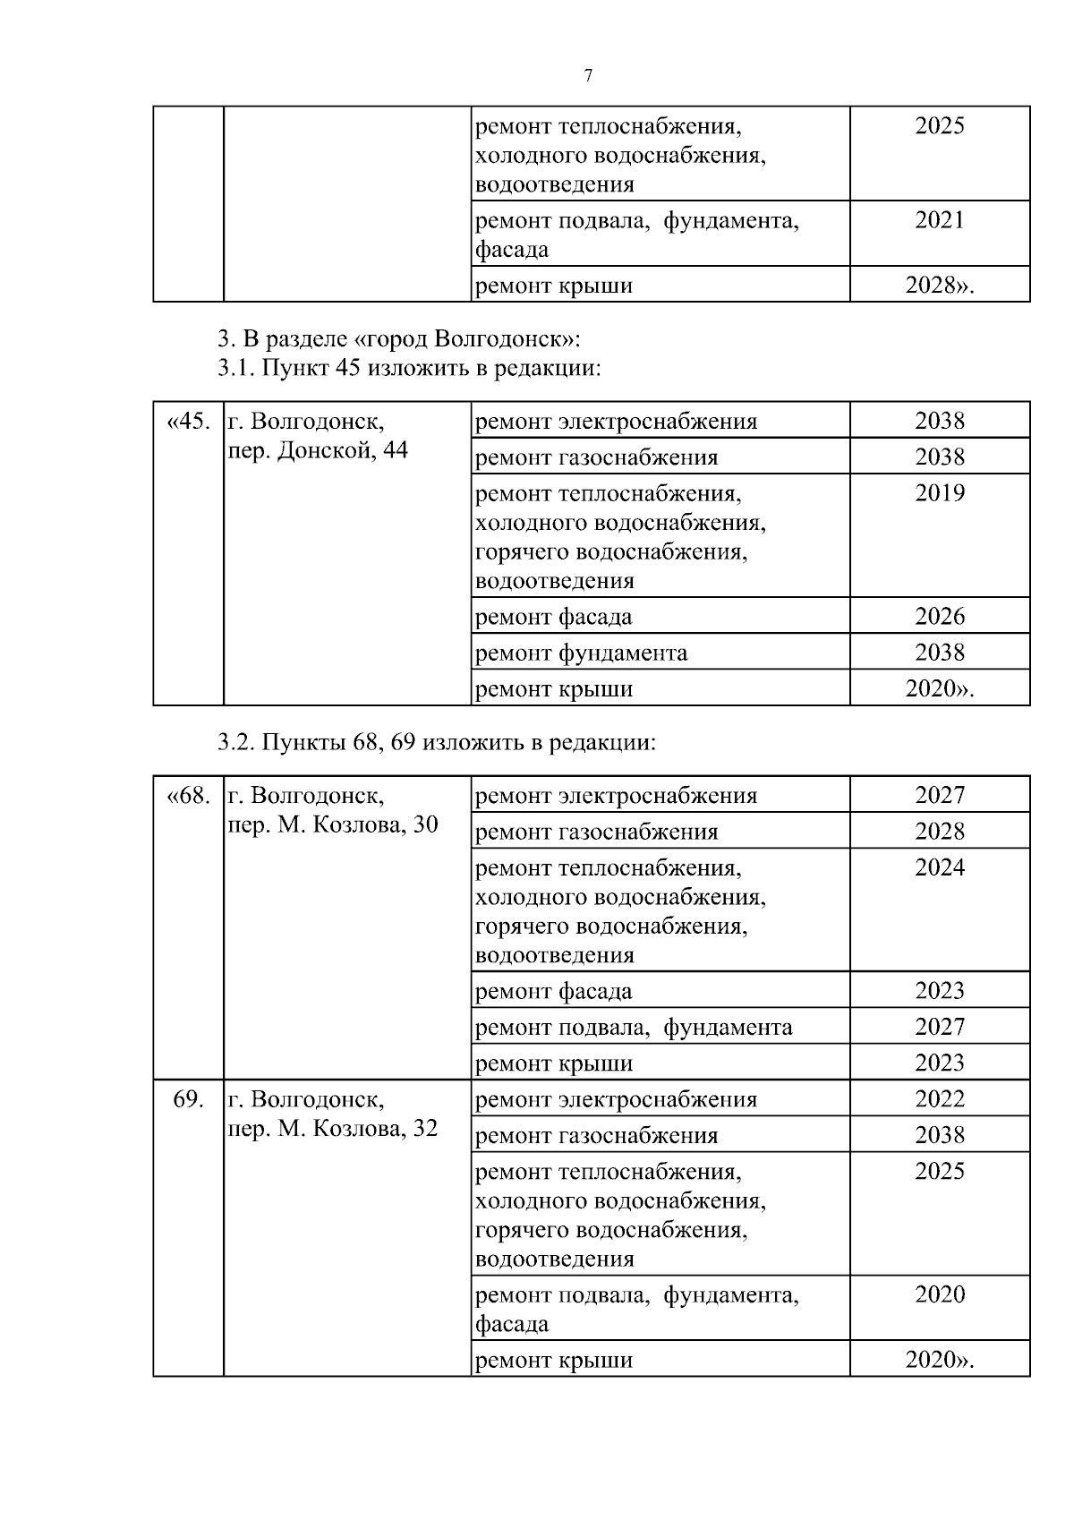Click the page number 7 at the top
pyautogui.click(x=588, y=76)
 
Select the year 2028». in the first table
pyautogui.click(x=939, y=286)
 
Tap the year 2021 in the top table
pyautogui.click(x=939, y=220)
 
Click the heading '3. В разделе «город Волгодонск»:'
pyautogui.click(x=399, y=339)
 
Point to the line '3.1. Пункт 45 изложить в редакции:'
pyautogui.click(x=408, y=368)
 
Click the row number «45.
pyautogui.click(x=188, y=421)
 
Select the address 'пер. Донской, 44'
pyautogui.click(x=318, y=450)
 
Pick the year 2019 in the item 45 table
pyautogui.click(x=939, y=493)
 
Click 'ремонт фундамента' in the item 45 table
pyautogui.click(x=581, y=653)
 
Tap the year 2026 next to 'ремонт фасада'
pyautogui.click(x=939, y=617)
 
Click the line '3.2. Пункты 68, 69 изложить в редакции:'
pyautogui.click(x=437, y=742)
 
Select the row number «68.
pyautogui.click(x=188, y=795)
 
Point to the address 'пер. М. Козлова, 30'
pyautogui.click(x=333, y=824)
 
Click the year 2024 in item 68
pyautogui.click(x=939, y=867)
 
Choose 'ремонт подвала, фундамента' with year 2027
pyautogui.click(x=633, y=1028)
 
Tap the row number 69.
pyautogui.click(x=188, y=1099)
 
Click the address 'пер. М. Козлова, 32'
pyautogui.click(x=333, y=1129)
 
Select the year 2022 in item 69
pyautogui.click(x=939, y=1099)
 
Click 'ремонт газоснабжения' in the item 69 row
pyautogui.click(x=596, y=1136)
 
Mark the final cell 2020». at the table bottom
pyautogui.click(x=939, y=1361)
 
